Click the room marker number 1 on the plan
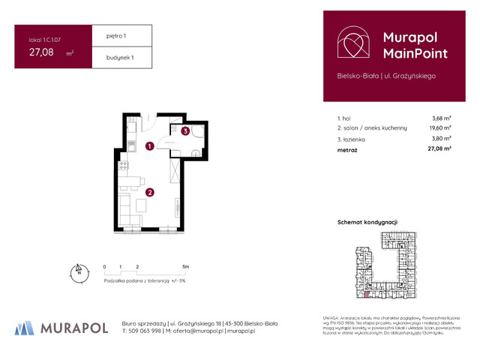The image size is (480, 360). pos(150,147)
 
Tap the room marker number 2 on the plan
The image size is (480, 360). pos(150,192)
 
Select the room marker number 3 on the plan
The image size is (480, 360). pos(184,131)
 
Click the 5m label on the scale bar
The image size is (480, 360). pos(185,266)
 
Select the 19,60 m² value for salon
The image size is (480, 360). pos(439,128)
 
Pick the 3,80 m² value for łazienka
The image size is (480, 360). pos(441,139)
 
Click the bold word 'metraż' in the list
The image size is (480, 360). pos(348,149)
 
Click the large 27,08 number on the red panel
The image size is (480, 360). pos(41,52)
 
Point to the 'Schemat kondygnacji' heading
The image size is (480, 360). pos(367,222)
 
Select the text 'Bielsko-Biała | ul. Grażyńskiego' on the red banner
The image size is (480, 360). pos(385,76)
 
